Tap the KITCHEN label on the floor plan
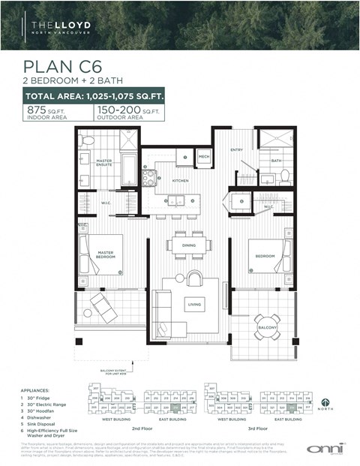tap(180, 181)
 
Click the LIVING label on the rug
tap(194, 304)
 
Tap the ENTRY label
tap(238, 150)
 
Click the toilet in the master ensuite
tap(87, 141)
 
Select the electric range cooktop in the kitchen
tap(150, 179)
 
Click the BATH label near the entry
tap(276, 160)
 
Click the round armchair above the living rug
tap(193, 278)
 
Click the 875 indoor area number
tap(37, 110)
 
